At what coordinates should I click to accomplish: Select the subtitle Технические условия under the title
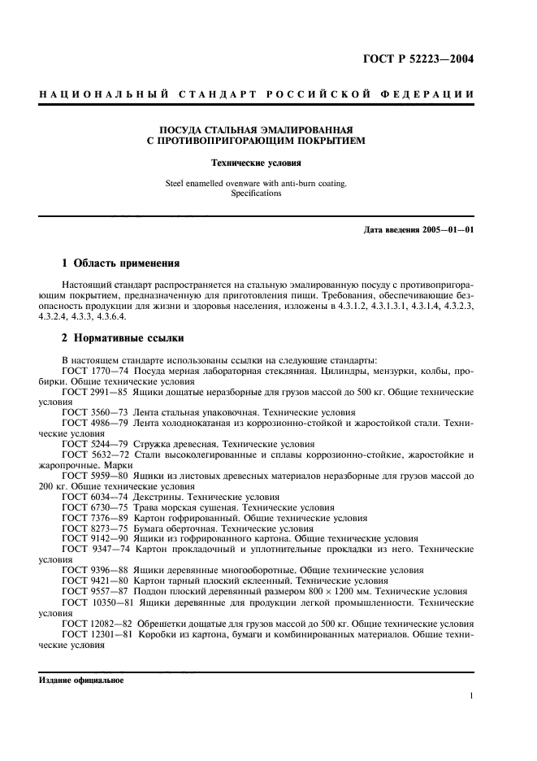click(x=268, y=163)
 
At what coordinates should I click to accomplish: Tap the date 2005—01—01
click(x=447, y=230)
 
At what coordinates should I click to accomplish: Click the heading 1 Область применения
click(x=121, y=264)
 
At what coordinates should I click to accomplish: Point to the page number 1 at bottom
click(x=472, y=696)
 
